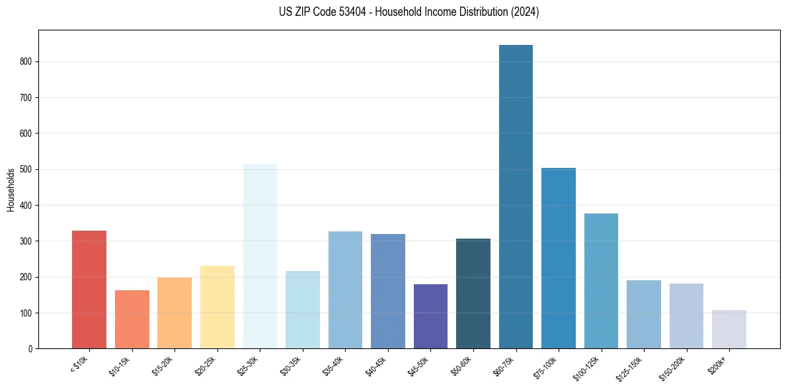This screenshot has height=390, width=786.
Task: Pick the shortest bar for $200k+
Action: [728, 329]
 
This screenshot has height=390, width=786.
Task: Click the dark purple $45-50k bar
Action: [430, 316]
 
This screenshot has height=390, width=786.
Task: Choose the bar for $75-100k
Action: [559, 258]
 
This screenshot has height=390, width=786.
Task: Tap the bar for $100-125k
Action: [601, 281]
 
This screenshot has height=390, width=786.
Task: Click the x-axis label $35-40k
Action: [334, 366]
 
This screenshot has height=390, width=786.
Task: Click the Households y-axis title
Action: [11, 190]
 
